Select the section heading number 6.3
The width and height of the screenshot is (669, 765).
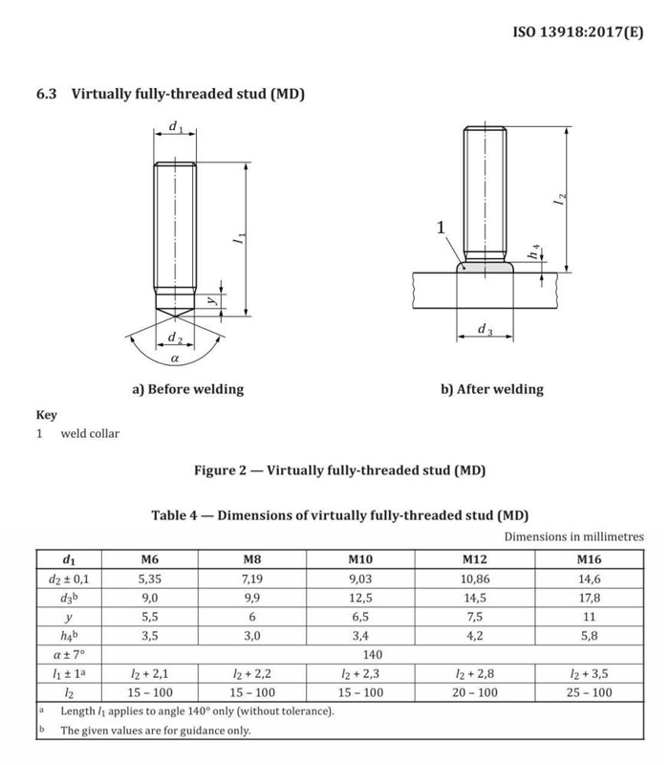coord(48,95)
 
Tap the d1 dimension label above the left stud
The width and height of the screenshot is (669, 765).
coord(175,127)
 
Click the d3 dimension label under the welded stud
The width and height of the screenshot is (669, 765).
coord(485,331)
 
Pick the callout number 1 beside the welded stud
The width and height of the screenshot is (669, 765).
coord(441,228)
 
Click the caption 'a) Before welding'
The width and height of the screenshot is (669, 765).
coord(187,389)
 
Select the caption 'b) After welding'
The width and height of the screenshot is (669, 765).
coord(491,389)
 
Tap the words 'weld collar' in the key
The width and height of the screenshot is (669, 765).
coord(91,433)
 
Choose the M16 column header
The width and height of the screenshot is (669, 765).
coord(590,558)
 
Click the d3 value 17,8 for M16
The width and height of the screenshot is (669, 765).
coord(590,599)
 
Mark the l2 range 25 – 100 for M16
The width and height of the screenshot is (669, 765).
coord(590,692)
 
